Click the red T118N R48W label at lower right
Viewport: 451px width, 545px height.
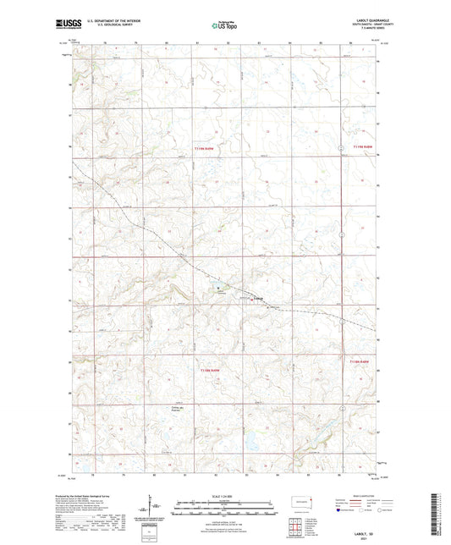pyautogui.click(x=360, y=362)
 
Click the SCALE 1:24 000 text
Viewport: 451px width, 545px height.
pyautogui.click(x=225, y=496)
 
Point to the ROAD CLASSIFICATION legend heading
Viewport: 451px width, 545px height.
pyautogui.click(x=356, y=498)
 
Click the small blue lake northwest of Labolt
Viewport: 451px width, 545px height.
pyautogui.click(x=217, y=288)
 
